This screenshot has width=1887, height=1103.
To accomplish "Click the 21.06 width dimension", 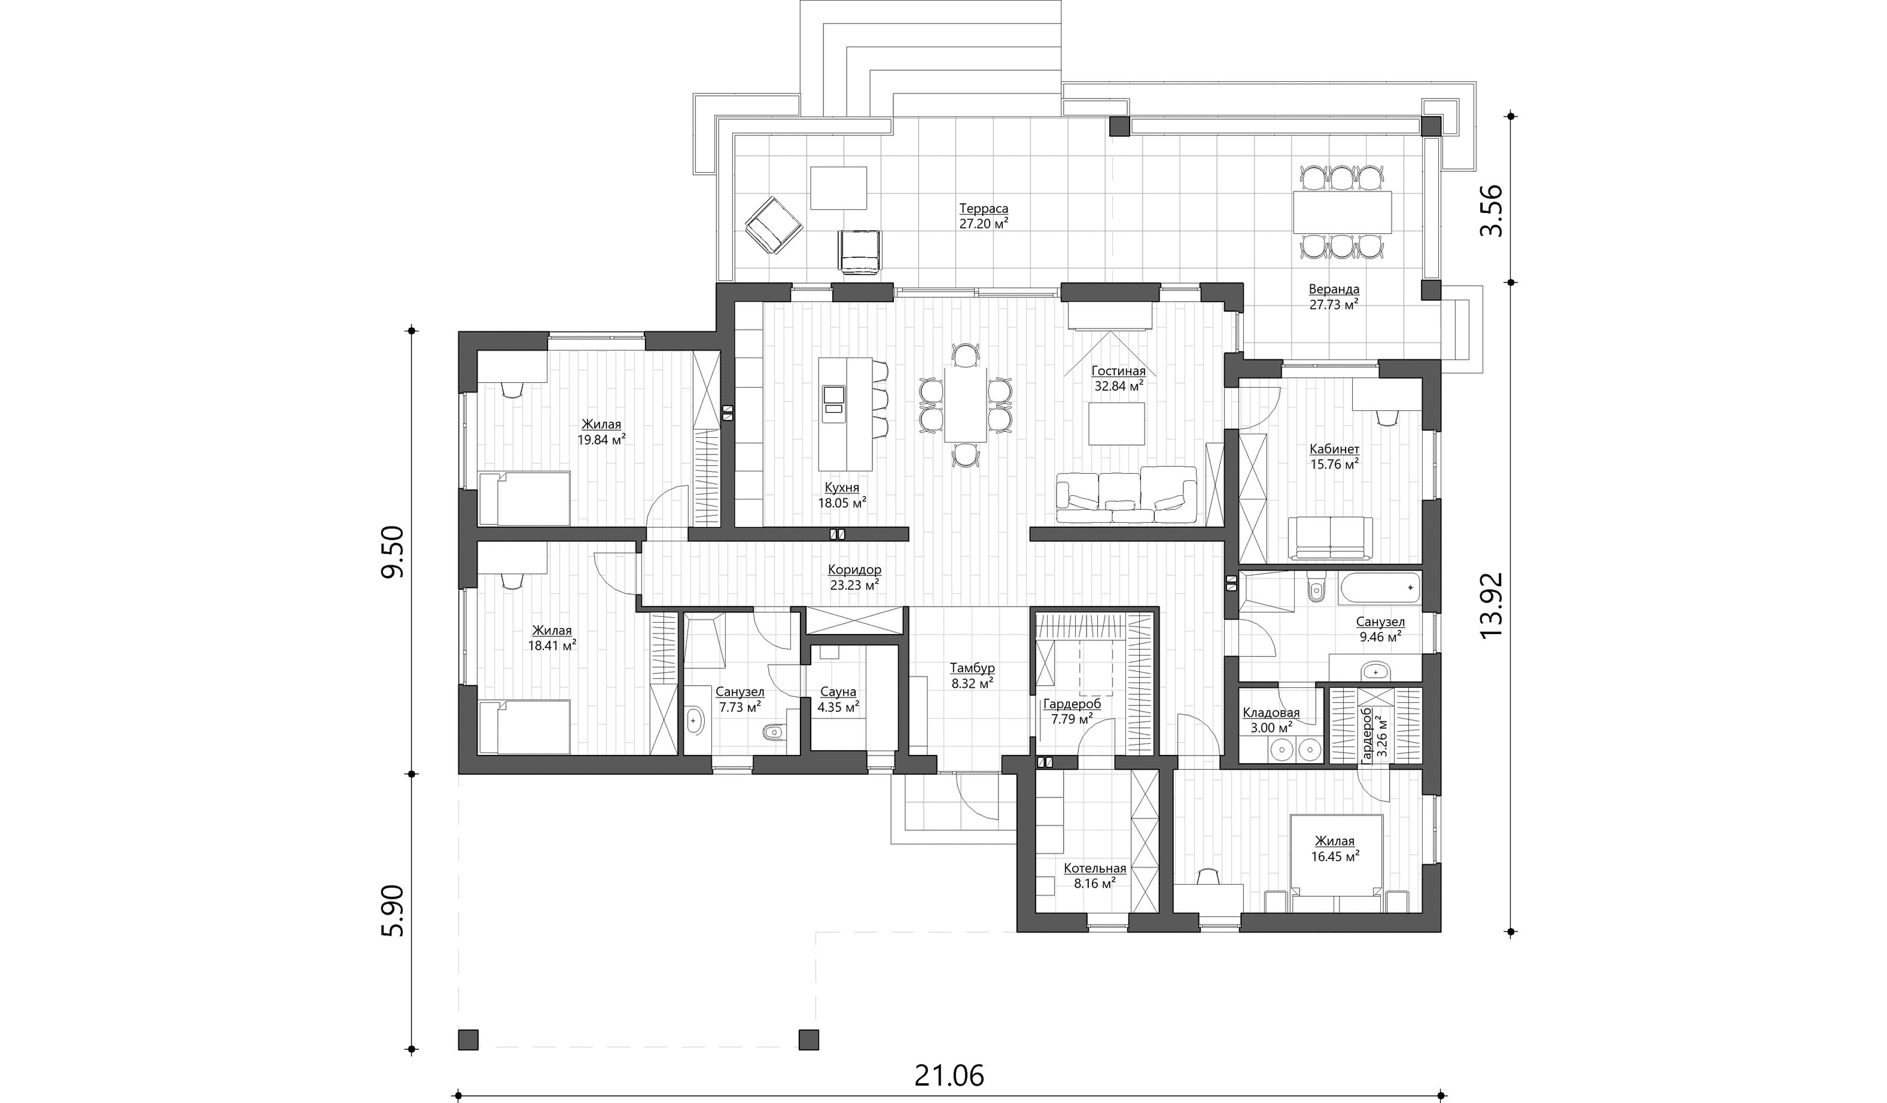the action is pyautogui.click(x=949, y=1076).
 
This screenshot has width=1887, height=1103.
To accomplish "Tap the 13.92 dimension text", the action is pyautogui.click(x=1491, y=605).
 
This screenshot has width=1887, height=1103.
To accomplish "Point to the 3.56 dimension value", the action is pyautogui.click(x=1491, y=211).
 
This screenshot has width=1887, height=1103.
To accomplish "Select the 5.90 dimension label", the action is pyautogui.click(x=392, y=910).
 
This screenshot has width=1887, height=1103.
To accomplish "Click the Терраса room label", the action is pyautogui.click(x=983, y=208).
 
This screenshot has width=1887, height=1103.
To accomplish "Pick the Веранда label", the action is pyautogui.click(x=1334, y=289).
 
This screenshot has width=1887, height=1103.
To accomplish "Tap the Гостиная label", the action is pyautogui.click(x=1118, y=371).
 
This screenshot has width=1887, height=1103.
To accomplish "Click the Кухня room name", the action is pyautogui.click(x=842, y=487).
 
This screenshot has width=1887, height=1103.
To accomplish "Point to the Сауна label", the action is pyautogui.click(x=838, y=692).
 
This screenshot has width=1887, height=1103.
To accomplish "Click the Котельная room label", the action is pyautogui.click(x=1095, y=869).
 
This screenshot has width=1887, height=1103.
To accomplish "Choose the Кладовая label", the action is pyautogui.click(x=1271, y=713).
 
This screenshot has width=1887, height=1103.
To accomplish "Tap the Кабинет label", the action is pyautogui.click(x=1334, y=449).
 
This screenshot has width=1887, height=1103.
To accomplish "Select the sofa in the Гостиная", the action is pyautogui.click(x=1126, y=494).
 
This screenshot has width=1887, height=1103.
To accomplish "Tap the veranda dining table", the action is pyautogui.click(x=1342, y=214).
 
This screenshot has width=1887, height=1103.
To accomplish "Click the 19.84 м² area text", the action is pyautogui.click(x=601, y=440).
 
